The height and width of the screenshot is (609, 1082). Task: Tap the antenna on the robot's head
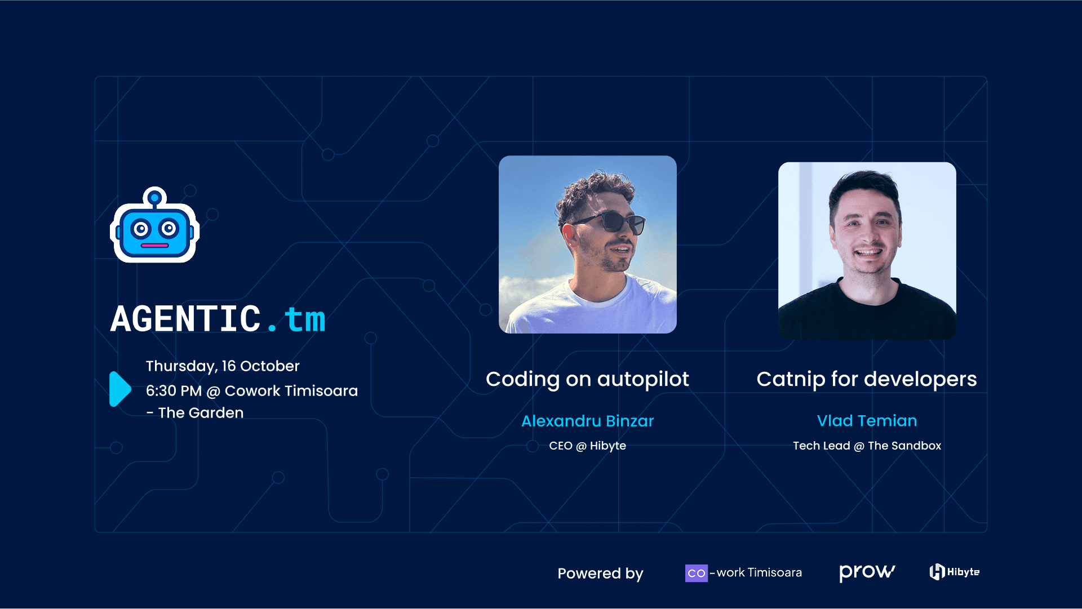pyautogui.click(x=154, y=198)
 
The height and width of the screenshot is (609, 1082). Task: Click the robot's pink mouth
pyautogui.click(x=154, y=246)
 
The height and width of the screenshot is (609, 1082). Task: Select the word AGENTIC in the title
pyautogui.click(x=185, y=319)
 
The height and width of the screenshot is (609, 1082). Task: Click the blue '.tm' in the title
pyautogui.click(x=298, y=319)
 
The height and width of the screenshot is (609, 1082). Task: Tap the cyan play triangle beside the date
pyautogui.click(x=119, y=389)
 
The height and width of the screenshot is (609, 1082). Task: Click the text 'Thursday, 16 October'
pyautogui.click(x=223, y=366)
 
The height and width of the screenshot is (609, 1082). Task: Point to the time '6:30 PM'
pyautogui.click(x=174, y=391)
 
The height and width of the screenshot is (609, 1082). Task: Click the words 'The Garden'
pyautogui.click(x=201, y=413)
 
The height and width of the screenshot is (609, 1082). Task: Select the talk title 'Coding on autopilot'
pyautogui.click(x=587, y=379)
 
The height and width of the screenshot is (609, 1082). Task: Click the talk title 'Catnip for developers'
pyautogui.click(x=866, y=379)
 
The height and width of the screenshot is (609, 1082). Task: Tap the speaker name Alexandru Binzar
pyautogui.click(x=587, y=421)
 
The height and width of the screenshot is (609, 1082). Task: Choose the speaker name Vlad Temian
pyautogui.click(x=867, y=421)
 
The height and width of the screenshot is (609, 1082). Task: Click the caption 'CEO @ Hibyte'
pyautogui.click(x=587, y=446)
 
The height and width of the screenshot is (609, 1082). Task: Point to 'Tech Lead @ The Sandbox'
pyautogui.click(x=867, y=446)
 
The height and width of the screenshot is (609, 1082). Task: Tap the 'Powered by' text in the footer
pyautogui.click(x=600, y=574)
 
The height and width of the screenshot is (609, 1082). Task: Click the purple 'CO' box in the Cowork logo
pyautogui.click(x=696, y=573)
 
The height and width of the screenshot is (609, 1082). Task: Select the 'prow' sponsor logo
pyautogui.click(x=866, y=572)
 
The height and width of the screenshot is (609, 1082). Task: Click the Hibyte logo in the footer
pyautogui.click(x=954, y=572)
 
